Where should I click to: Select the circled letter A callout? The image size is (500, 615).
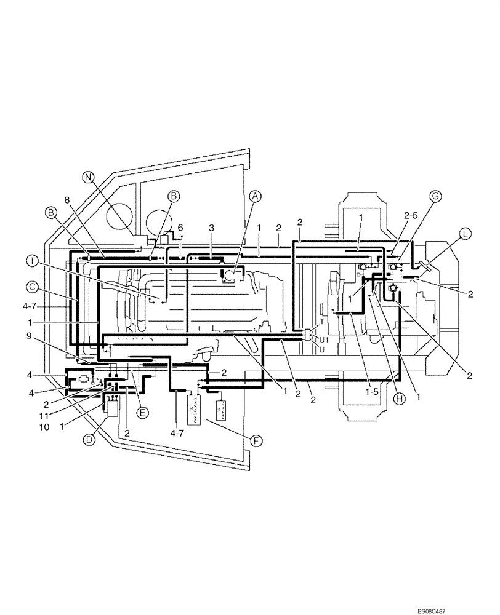coord(255,196)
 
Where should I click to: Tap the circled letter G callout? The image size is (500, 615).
coord(435,196)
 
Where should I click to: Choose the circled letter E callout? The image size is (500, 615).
coord(142,413)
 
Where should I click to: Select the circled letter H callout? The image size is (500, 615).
coord(398,399)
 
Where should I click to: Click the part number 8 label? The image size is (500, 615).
coord(67,200)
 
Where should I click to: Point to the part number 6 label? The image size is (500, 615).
coord(180,228)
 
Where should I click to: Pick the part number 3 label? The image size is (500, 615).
coord(211,228)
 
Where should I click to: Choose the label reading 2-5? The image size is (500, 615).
coord(411,216)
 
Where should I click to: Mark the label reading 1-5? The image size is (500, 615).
coord(371,390)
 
